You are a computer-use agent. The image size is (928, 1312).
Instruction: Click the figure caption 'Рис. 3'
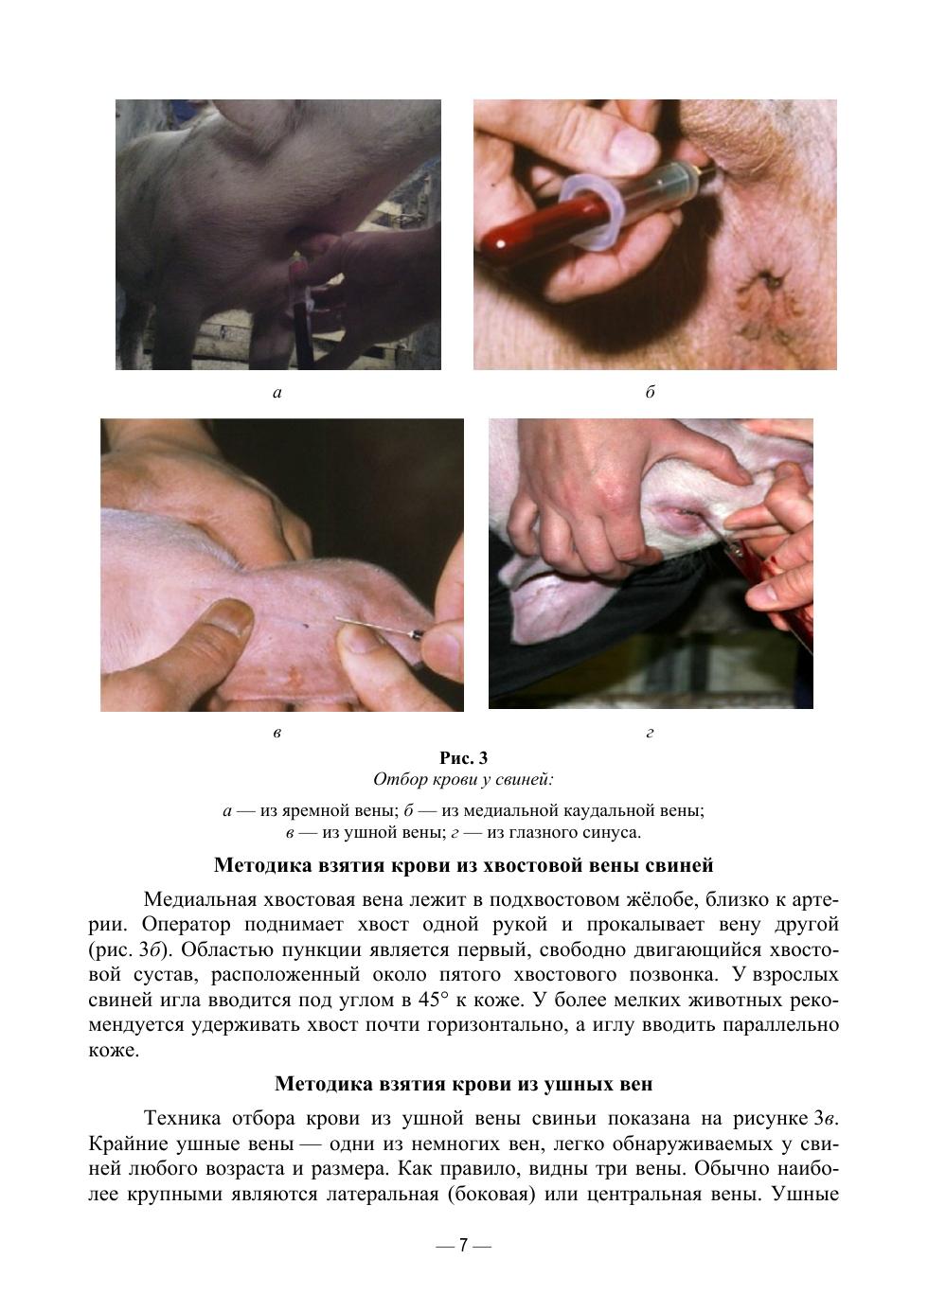tap(463, 758)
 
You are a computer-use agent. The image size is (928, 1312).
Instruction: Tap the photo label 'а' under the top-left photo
tap(277, 393)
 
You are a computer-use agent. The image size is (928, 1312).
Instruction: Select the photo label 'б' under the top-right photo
tap(651, 391)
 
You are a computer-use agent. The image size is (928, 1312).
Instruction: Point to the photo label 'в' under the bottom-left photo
tap(277, 733)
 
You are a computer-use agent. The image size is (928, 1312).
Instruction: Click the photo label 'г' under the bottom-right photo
tap(650, 733)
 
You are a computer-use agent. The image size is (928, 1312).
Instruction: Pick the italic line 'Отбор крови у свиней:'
tap(463, 780)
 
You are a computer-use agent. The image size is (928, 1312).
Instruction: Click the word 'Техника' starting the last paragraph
tap(182, 1118)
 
